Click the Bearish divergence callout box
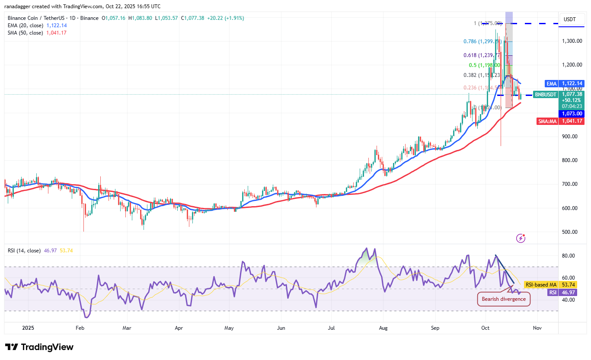coord(503,299)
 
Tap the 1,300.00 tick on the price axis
coord(572,41)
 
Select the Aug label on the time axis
coord(383,328)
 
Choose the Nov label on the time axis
coord(537,328)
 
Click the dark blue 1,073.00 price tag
coord(572,114)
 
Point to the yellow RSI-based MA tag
coord(540,285)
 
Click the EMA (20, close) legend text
coord(25,25)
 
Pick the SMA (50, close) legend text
coord(25,33)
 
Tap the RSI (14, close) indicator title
coord(24,251)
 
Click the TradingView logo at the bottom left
coord(39,347)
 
